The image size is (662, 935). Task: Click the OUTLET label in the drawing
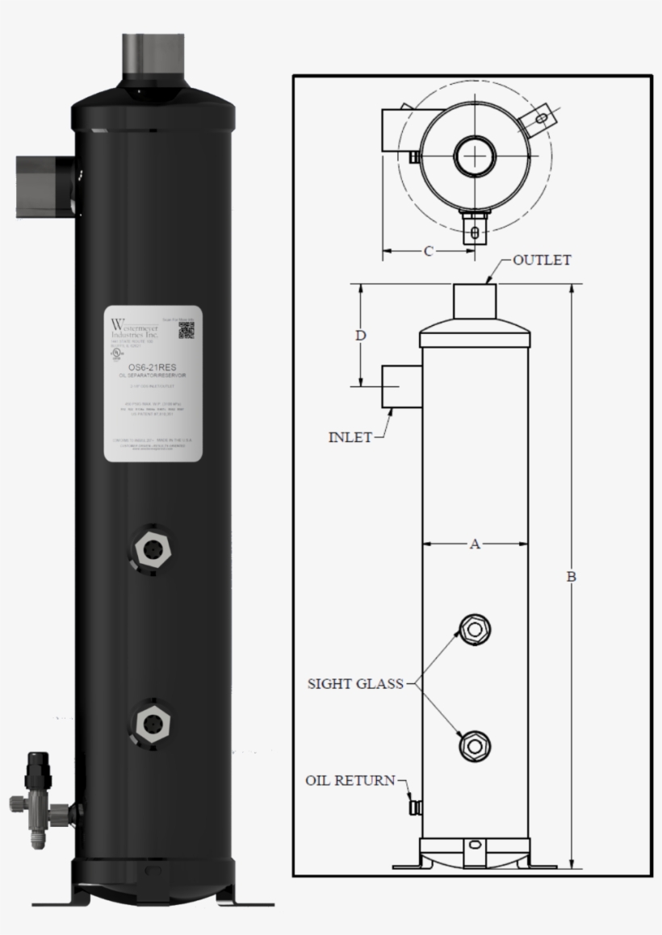[542, 261]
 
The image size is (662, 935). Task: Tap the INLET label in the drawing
[350, 437]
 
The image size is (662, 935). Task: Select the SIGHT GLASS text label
[355, 684]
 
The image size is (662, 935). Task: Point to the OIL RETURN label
[350, 780]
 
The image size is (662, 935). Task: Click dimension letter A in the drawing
[475, 545]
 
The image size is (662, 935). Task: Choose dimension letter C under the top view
[428, 251]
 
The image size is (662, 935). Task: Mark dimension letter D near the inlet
[362, 335]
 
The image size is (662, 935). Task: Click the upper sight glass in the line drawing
[474, 628]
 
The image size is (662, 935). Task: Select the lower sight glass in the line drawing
[474, 745]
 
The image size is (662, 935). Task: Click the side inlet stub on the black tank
[44, 186]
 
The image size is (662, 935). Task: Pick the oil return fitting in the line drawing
[415, 807]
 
